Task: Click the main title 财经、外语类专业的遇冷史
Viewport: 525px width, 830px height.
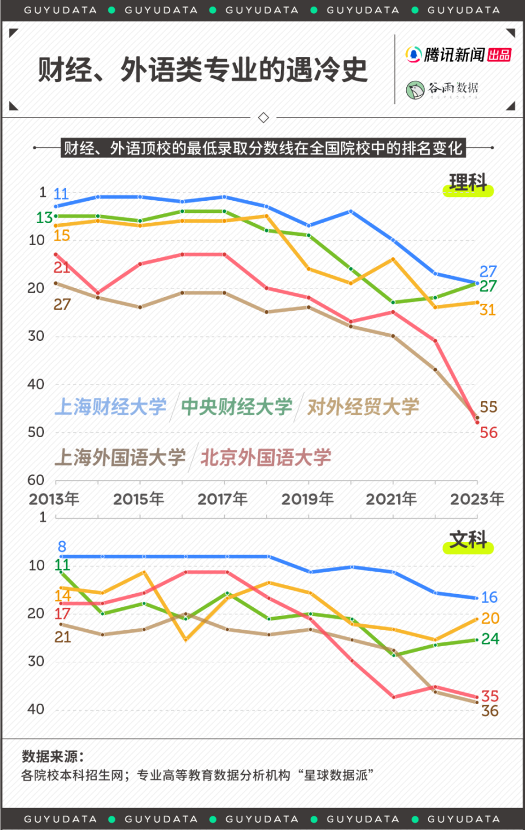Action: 203,70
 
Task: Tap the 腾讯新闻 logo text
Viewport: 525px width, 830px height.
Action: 454,55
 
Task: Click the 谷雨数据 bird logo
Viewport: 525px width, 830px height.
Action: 415,89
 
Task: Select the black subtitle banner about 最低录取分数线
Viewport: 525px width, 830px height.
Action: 262,148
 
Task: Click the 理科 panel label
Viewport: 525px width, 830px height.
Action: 468,183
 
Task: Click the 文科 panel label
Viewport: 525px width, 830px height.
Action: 468,541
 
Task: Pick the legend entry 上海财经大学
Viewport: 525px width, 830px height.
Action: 110,407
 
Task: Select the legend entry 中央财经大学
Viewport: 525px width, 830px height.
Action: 236,407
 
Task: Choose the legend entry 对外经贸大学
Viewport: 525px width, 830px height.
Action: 363,407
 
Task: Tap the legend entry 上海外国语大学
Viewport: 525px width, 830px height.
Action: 120,457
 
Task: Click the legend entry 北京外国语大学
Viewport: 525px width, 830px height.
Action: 266,457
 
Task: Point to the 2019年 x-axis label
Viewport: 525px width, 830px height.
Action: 307,499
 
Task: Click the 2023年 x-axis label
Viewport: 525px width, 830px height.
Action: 477,499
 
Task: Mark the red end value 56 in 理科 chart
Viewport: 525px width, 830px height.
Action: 488,433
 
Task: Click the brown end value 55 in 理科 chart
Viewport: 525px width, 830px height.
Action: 488,407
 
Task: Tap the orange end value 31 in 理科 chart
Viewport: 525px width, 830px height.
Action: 487,310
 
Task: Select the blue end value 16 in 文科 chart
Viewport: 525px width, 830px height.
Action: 489,597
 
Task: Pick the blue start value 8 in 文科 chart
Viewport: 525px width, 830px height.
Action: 62,547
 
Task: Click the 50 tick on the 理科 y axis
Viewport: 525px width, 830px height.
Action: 36,432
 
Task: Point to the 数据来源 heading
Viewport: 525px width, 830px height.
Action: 52,757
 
